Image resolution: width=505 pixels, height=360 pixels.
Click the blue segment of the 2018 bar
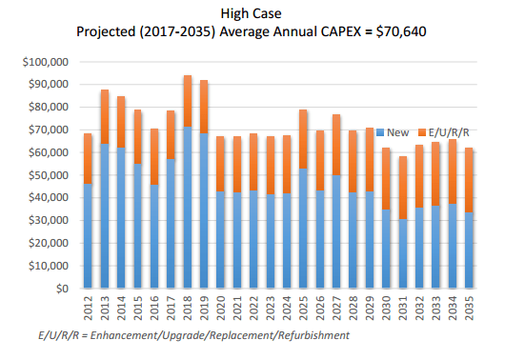point(188,207)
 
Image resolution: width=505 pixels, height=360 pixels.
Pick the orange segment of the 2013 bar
point(104,116)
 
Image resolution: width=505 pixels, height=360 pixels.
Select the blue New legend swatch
point(381,130)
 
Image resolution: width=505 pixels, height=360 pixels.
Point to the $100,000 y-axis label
point(42,62)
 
